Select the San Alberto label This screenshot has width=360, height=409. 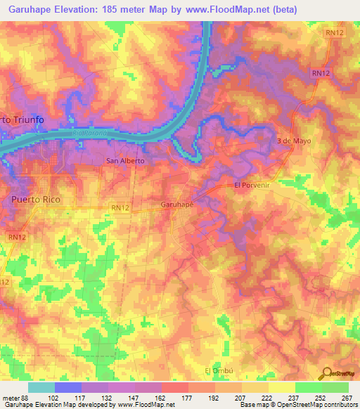click(x=124, y=161)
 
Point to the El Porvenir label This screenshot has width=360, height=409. click(x=252, y=186)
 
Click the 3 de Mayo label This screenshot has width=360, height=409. click(x=294, y=140)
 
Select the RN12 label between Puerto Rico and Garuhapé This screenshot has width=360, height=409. click(x=121, y=207)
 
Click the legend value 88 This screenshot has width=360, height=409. click(x=25, y=397)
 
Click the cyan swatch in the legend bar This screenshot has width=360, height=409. click(x=41, y=387)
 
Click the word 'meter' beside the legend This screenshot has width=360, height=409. click(x=10, y=397)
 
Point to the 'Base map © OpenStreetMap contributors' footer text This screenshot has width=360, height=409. click(x=298, y=405)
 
